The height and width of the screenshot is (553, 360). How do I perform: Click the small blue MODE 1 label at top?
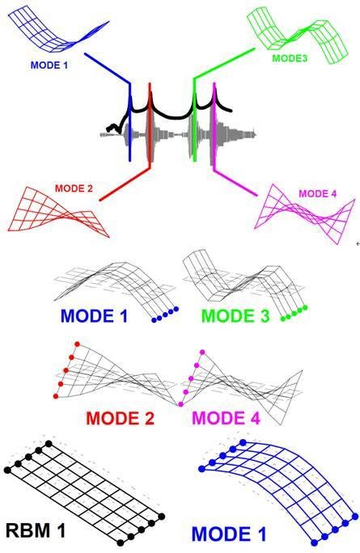(x=49, y=65)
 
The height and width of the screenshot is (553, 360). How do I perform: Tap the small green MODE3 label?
(x=290, y=58)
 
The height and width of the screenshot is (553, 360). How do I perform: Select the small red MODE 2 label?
(x=74, y=188)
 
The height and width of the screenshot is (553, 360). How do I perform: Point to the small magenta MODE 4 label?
(x=318, y=193)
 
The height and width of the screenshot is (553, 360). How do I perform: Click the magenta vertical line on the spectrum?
(x=214, y=126)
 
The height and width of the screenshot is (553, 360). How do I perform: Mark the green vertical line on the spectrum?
(x=194, y=120)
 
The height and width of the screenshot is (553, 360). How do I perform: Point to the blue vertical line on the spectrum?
(x=130, y=122)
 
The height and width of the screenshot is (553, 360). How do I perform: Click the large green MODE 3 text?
(x=235, y=315)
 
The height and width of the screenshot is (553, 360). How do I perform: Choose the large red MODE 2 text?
(x=121, y=418)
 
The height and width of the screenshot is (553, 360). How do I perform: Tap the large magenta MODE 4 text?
(x=227, y=418)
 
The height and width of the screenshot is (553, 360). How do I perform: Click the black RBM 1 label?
(x=36, y=530)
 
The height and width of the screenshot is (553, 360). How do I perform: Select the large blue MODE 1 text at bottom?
(x=229, y=534)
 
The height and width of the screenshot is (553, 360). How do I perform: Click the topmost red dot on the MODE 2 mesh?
(x=78, y=344)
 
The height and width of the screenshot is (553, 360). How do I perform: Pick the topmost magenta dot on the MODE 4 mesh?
(x=202, y=352)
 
